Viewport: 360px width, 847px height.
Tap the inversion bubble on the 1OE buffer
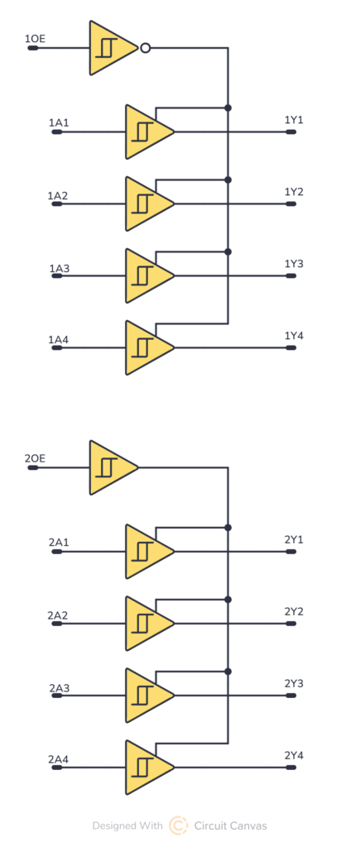click(145, 48)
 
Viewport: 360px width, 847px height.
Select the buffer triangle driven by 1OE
click(110, 48)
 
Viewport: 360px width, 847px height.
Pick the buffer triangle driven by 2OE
click(110, 467)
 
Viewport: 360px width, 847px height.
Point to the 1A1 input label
click(59, 123)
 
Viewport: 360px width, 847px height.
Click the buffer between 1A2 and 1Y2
click(146, 203)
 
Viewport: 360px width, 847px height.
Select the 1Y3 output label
click(294, 264)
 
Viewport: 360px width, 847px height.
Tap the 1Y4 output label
click(294, 336)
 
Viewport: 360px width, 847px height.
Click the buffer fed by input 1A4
click(146, 347)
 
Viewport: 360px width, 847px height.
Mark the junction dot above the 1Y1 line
click(228, 108)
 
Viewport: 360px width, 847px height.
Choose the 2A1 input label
click(59, 543)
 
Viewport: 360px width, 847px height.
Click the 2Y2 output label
click(294, 611)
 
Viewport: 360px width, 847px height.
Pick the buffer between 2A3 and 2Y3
click(146, 695)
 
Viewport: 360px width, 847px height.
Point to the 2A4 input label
click(59, 758)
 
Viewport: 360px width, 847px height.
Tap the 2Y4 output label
click(294, 755)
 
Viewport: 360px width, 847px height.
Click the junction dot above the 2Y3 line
click(228, 671)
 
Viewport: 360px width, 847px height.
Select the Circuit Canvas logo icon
click(178, 825)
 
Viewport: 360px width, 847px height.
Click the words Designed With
click(127, 825)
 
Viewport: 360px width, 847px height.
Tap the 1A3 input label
click(59, 269)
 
